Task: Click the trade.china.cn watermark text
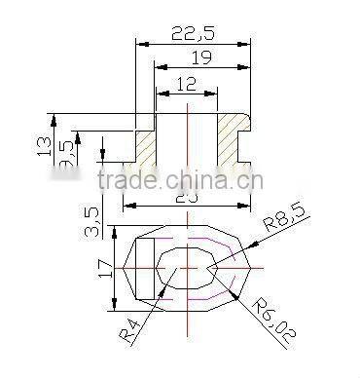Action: click(x=180, y=181)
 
